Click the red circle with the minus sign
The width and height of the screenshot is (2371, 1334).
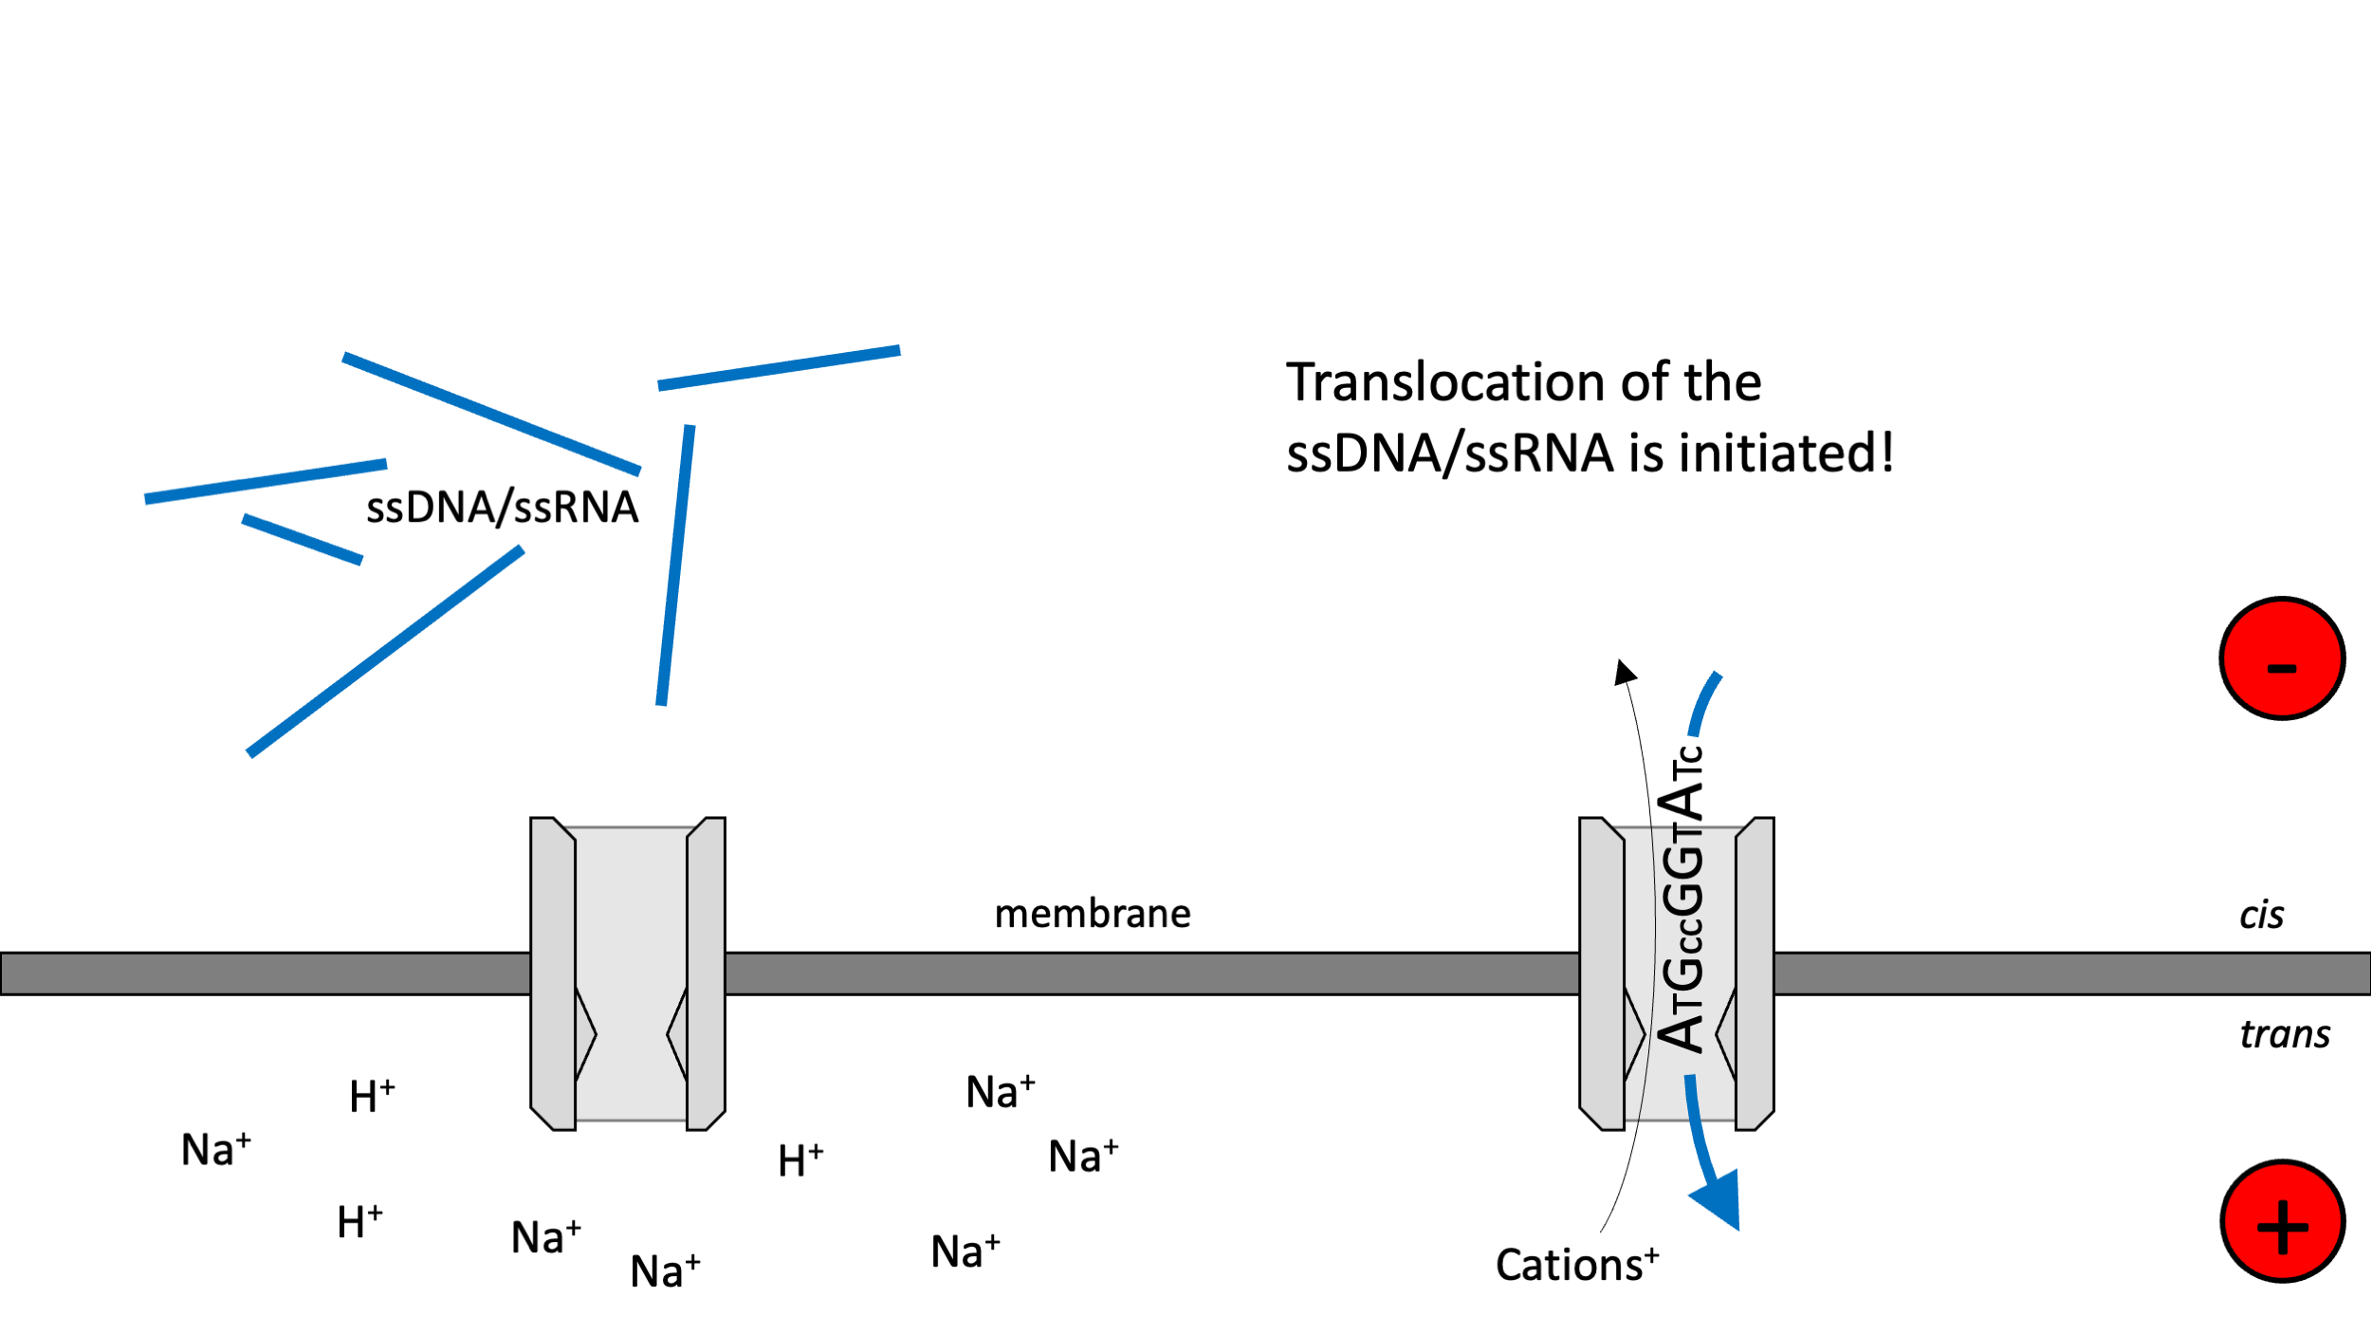(2281, 658)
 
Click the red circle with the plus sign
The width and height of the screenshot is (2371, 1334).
(2281, 1221)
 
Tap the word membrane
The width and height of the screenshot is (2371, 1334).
(1092, 914)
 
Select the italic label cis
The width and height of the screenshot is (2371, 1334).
(2261, 916)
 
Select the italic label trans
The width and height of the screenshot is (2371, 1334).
(2284, 1034)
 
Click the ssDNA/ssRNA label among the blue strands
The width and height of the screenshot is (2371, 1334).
(502, 508)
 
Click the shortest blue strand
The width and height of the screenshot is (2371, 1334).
(302, 540)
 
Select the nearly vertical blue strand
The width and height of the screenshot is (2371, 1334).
(675, 565)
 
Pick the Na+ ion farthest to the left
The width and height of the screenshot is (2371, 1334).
(215, 1150)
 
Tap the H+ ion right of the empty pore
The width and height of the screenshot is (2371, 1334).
(800, 1160)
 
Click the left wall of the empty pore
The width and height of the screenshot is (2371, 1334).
(553, 973)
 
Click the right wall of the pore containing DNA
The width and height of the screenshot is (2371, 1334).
(1754, 973)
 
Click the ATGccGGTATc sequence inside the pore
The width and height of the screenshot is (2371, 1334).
(1681, 901)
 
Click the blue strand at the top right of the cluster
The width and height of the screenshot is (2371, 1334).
(779, 367)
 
